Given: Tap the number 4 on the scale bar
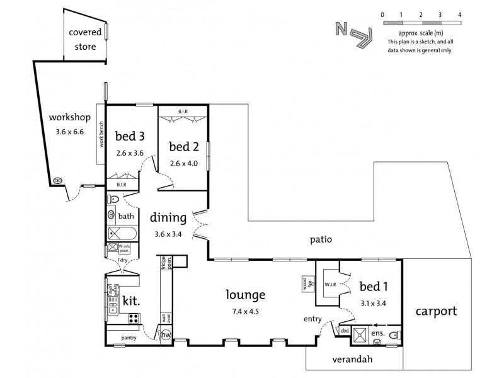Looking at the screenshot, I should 459,13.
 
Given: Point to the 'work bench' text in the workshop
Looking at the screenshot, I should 100,133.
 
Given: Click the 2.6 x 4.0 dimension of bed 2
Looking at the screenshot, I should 183,163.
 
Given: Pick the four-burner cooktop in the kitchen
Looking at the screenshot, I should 134,319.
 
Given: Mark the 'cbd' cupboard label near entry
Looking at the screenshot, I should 344,330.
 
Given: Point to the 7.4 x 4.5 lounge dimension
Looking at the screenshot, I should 247,310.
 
